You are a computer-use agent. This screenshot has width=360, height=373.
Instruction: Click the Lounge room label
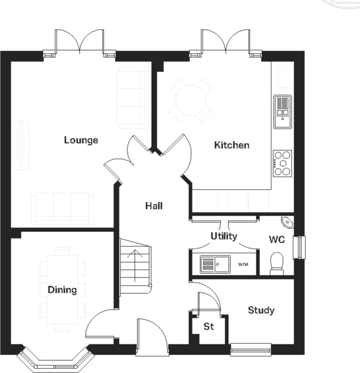(x=81, y=140)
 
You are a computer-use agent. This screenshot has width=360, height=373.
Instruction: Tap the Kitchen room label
(x=231, y=145)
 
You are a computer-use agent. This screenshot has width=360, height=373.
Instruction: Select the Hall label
(x=154, y=206)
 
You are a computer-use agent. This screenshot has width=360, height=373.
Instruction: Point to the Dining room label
(x=62, y=290)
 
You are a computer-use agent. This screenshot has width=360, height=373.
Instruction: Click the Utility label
(x=224, y=236)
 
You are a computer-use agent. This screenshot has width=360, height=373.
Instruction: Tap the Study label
(x=261, y=310)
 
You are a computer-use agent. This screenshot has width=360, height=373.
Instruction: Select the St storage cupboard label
(x=208, y=327)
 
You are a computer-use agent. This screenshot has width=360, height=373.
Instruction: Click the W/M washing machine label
(x=244, y=265)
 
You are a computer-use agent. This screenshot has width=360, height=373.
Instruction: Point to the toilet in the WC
(x=277, y=262)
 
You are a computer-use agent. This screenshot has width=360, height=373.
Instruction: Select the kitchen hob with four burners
(x=282, y=163)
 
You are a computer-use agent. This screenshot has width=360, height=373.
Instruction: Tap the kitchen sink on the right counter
(x=282, y=111)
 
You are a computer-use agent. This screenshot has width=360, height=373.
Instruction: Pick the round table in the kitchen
(x=191, y=100)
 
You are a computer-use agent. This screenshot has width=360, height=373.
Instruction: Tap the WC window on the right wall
(x=301, y=247)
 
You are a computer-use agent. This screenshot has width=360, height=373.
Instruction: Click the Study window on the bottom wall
(x=250, y=351)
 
